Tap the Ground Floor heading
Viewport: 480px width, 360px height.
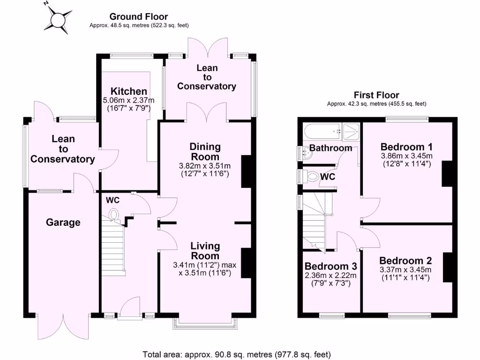[x=139, y=17]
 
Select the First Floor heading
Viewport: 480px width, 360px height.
[x=376, y=95]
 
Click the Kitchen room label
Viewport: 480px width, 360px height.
[x=128, y=91]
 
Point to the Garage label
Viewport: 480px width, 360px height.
[x=63, y=223]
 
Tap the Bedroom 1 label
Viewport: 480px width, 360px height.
[x=406, y=145]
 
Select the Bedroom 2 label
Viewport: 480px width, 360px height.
[x=405, y=261]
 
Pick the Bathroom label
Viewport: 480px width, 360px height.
[x=330, y=148]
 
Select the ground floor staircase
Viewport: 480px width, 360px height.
[x=112, y=248]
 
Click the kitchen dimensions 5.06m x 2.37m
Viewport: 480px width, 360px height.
[x=128, y=100]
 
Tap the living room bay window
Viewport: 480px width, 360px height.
[x=204, y=321]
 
